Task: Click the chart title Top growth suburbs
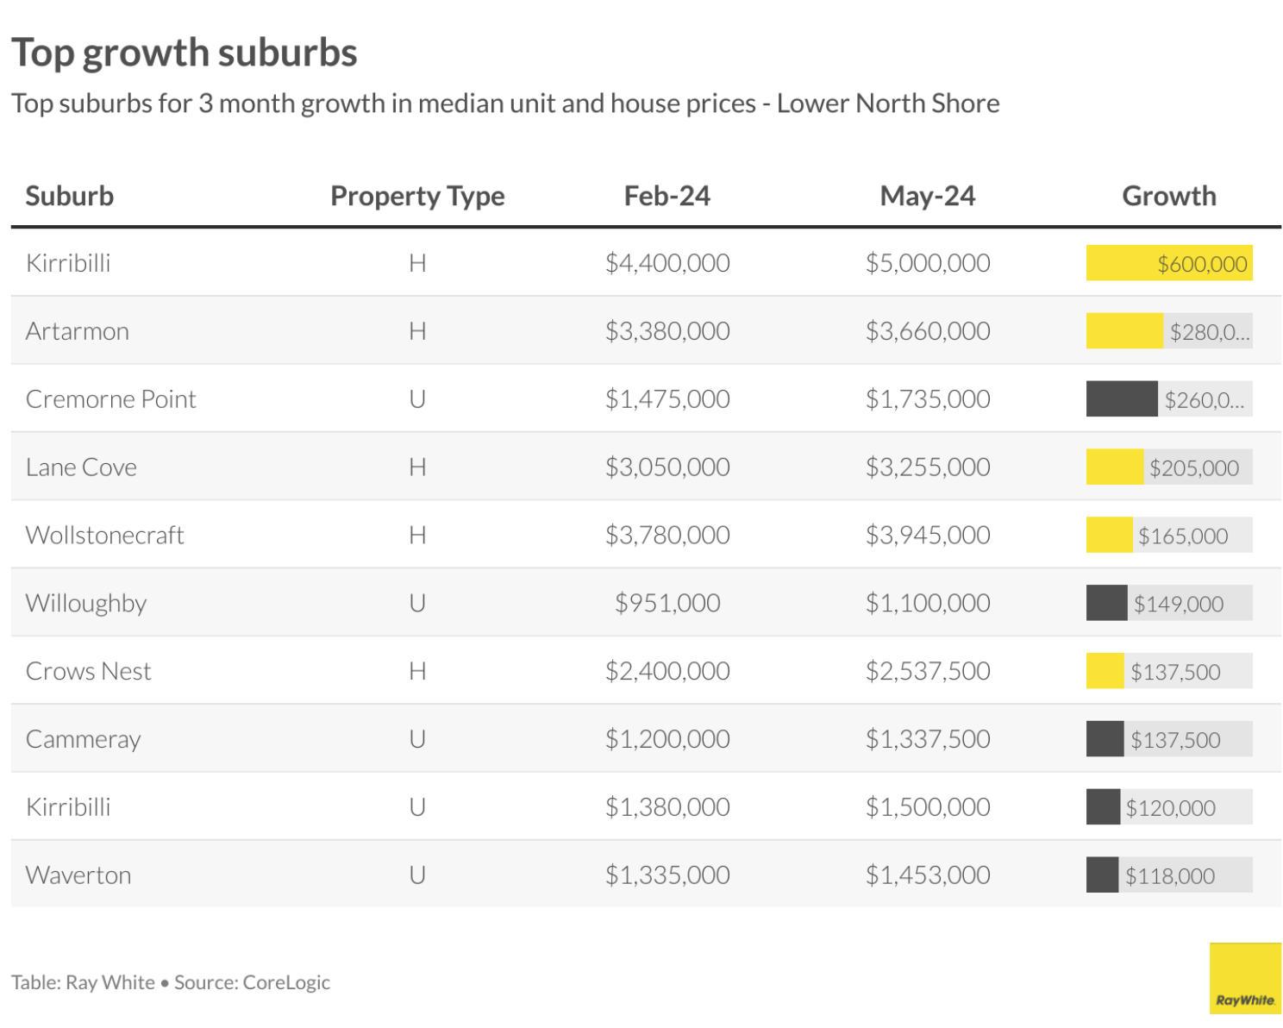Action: [184, 53]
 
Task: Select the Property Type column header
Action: [417, 197]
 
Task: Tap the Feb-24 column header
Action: [667, 197]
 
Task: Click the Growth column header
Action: [1168, 197]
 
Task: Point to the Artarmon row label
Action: [78, 331]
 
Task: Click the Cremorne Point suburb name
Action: [111, 399]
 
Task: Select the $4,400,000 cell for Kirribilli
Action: [667, 263]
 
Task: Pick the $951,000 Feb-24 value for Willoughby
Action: [667, 603]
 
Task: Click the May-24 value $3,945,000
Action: [927, 535]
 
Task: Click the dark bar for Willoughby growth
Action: [1106, 603]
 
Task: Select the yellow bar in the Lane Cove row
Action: [1114, 467]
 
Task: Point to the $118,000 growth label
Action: [1169, 876]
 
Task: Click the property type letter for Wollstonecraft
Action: [417, 535]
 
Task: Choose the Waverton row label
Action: [78, 875]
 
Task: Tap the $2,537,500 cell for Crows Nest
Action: [927, 671]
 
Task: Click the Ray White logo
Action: [1244, 978]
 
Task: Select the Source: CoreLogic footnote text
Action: [252, 982]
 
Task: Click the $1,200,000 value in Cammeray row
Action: [667, 739]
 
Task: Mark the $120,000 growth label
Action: [1170, 808]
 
